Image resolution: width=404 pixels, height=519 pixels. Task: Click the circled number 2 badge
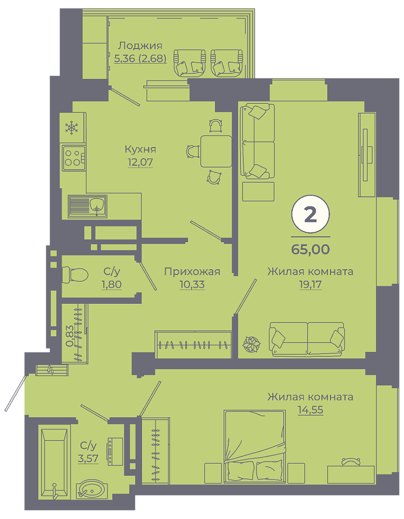(x=311, y=215)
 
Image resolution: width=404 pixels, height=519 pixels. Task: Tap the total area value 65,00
(x=311, y=249)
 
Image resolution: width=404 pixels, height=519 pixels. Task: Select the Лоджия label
(x=140, y=46)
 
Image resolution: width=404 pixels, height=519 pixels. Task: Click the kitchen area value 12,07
(x=140, y=162)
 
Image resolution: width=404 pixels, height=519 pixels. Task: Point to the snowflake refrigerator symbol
(x=71, y=128)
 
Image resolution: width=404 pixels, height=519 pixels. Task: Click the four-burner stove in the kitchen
(x=73, y=158)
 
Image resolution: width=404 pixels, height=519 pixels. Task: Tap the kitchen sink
(x=87, y=207)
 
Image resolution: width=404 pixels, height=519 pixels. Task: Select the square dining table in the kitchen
(x=216, y=151)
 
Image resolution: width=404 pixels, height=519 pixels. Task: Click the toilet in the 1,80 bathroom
(x=75, y=275)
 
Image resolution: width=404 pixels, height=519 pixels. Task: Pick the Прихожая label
(x=192, y=272)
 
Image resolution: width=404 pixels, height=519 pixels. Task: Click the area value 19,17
(x=310, y=284)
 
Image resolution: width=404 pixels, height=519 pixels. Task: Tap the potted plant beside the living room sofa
(x=252, y=344)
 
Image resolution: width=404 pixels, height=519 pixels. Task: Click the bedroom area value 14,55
(x=311, y=410)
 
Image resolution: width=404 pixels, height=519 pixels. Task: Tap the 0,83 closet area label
(x=70, y=336)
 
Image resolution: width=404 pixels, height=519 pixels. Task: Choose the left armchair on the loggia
(x=190, y=63)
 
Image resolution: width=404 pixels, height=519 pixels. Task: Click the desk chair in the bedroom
(x=351, y=462)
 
